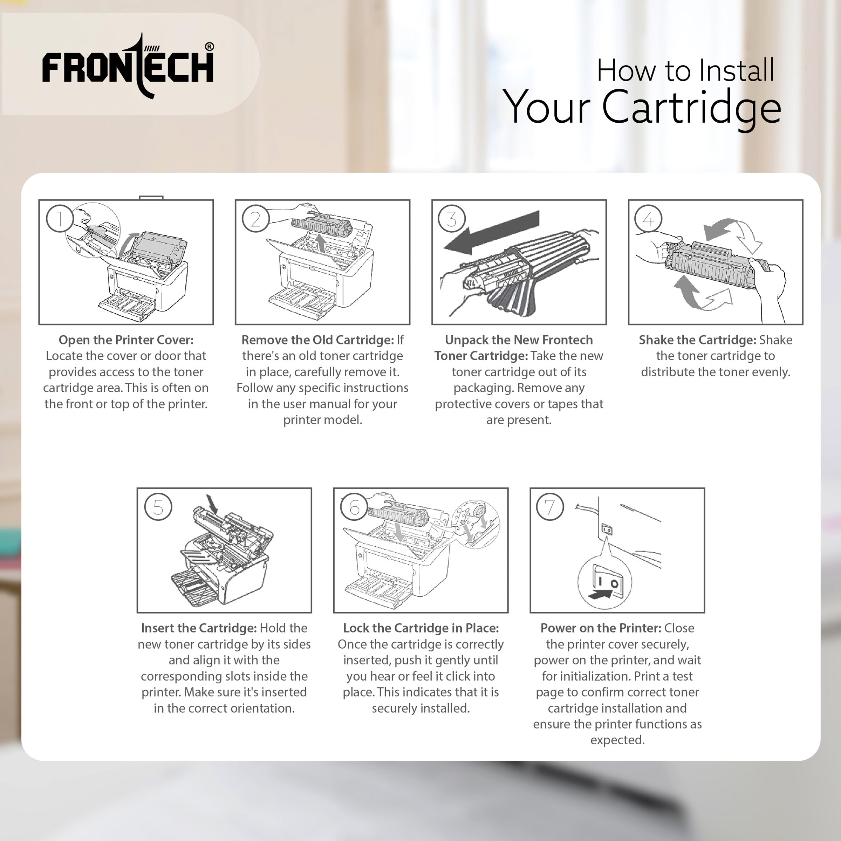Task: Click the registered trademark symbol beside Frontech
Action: [210, 47]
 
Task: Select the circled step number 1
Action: [59, 219]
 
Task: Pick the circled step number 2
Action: [255, 219]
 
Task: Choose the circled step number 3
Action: [452, 219]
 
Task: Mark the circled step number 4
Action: [648, 219]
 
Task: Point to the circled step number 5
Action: [158, 507]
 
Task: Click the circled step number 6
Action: [354, 507]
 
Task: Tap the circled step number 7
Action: [550, 507]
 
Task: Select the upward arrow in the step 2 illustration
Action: [321, 243]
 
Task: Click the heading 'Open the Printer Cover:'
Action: [126, 340]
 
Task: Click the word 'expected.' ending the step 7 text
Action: [617, 740]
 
